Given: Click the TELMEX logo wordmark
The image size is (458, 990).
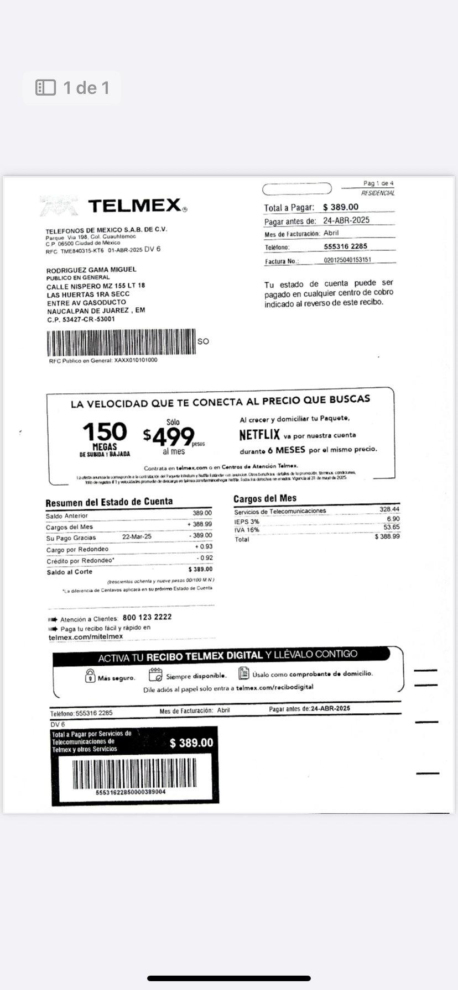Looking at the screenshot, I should [x=134, y=206].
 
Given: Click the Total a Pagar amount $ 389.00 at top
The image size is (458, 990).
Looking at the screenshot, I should [x=341, y=207].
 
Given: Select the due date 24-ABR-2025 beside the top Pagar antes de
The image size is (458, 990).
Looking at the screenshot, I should [x=346, y=220].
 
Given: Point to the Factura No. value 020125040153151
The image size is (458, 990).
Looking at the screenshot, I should [x=347, y=260].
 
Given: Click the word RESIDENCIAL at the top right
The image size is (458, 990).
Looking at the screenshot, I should [x=378, y=193].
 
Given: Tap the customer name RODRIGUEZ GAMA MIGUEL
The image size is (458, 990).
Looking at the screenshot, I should [x=91, y=270].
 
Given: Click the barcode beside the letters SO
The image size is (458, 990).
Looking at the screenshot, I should [x=121, y=343].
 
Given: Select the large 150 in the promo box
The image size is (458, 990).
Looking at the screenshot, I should [x=105, y=431].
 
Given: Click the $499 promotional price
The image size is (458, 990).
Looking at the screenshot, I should [x=169, y=437].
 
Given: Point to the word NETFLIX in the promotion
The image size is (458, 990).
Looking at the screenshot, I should [x=259, y=435].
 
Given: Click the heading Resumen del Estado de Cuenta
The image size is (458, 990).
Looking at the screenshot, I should [x=109, y=502].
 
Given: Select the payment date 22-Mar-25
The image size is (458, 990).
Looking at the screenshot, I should [x=137, y=536].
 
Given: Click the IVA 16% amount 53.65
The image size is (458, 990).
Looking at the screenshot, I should [x=391, y=527].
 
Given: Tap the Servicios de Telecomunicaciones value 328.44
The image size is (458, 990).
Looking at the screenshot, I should [x=389, y=509].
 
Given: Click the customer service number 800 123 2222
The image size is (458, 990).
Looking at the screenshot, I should [x=147, y=617].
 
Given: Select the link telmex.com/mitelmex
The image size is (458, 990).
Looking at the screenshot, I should [x=86, y=637].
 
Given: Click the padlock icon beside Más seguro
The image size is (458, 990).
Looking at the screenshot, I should [x=90, y=676].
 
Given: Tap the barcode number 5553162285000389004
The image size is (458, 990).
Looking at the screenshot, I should [x=131, y=792].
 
